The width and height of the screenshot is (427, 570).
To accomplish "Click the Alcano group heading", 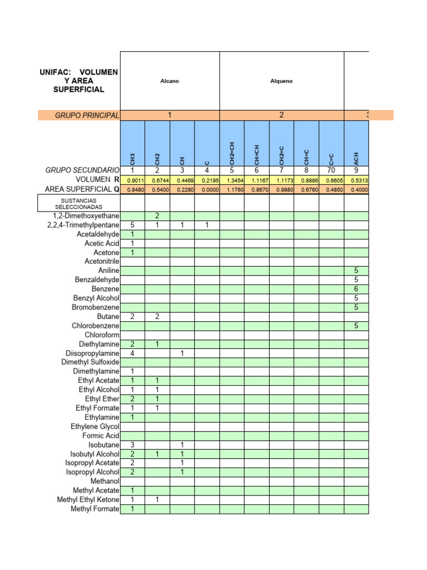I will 170,81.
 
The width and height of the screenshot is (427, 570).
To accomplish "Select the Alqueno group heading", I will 281,81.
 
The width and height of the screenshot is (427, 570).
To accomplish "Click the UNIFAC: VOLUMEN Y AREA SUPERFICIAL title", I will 79,81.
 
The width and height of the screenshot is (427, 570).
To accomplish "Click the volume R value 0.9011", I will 132,180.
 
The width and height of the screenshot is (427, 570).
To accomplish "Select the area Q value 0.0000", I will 207,189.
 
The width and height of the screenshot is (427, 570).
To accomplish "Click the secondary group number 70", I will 331,170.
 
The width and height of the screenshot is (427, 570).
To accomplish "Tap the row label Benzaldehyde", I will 97,280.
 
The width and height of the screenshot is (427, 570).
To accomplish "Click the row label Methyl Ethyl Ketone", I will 88,500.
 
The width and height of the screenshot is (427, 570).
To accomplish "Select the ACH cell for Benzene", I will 356,289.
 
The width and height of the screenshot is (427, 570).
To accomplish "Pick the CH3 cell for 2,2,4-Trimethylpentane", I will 132,225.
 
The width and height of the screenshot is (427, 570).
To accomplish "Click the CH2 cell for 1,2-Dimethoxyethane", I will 157,216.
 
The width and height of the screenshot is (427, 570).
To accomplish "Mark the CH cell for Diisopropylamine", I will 182,353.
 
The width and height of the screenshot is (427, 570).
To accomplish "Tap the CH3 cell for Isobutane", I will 132,445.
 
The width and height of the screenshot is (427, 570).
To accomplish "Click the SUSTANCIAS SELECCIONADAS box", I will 79,203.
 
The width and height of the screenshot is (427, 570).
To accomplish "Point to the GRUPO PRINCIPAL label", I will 87,115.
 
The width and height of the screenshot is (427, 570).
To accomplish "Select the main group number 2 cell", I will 281,115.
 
